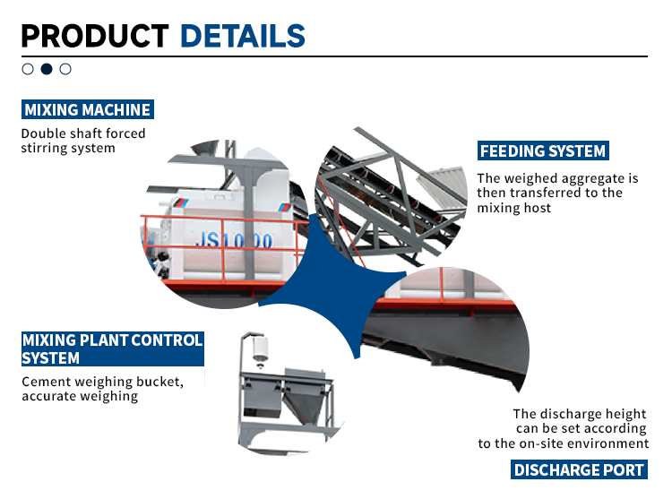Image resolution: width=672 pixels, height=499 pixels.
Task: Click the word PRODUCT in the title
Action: [x=94, y=35]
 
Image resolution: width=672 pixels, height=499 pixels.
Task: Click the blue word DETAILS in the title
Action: [x=242, y=35]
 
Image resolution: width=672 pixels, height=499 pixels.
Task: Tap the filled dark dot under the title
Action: [x=47, y=68]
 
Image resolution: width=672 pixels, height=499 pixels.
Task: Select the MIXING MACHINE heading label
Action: [x=87, y=110]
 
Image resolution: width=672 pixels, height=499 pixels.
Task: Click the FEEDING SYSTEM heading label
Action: [x=543, y=151]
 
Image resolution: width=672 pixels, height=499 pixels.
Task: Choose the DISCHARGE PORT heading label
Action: [x=579, y=469]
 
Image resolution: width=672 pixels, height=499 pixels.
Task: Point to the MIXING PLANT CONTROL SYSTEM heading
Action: [x=112, y=349]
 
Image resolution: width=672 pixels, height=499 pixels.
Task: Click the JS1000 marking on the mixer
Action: [x=234, y=241]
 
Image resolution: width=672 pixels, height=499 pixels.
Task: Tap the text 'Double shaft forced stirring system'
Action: [x=83, y=141]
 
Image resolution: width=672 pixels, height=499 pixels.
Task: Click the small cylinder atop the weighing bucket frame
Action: [x=261, y=345]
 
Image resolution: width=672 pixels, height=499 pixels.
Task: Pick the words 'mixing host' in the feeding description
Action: [x=514, y=207]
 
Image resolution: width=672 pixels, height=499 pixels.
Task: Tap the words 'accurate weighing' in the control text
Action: [x=80, y=396]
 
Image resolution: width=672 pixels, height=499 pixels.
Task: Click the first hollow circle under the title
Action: [x=28, y=68]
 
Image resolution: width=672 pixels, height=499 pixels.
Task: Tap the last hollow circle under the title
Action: [x=65, y=68]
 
